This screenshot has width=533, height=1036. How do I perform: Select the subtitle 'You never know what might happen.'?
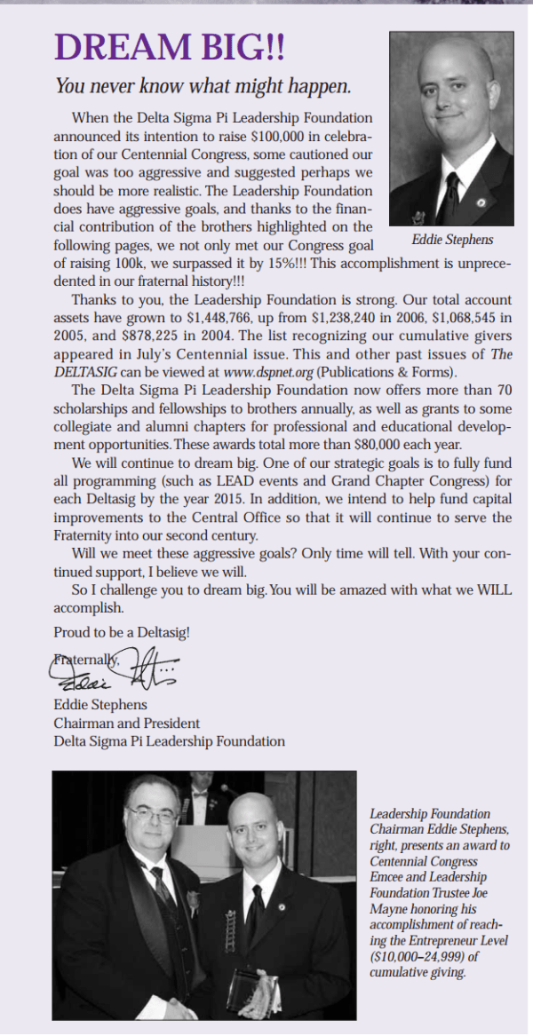203,86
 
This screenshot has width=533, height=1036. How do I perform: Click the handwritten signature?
115,668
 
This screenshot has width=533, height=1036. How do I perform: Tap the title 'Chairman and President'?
127,723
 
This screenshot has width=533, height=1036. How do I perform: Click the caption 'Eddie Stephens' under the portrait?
451,240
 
